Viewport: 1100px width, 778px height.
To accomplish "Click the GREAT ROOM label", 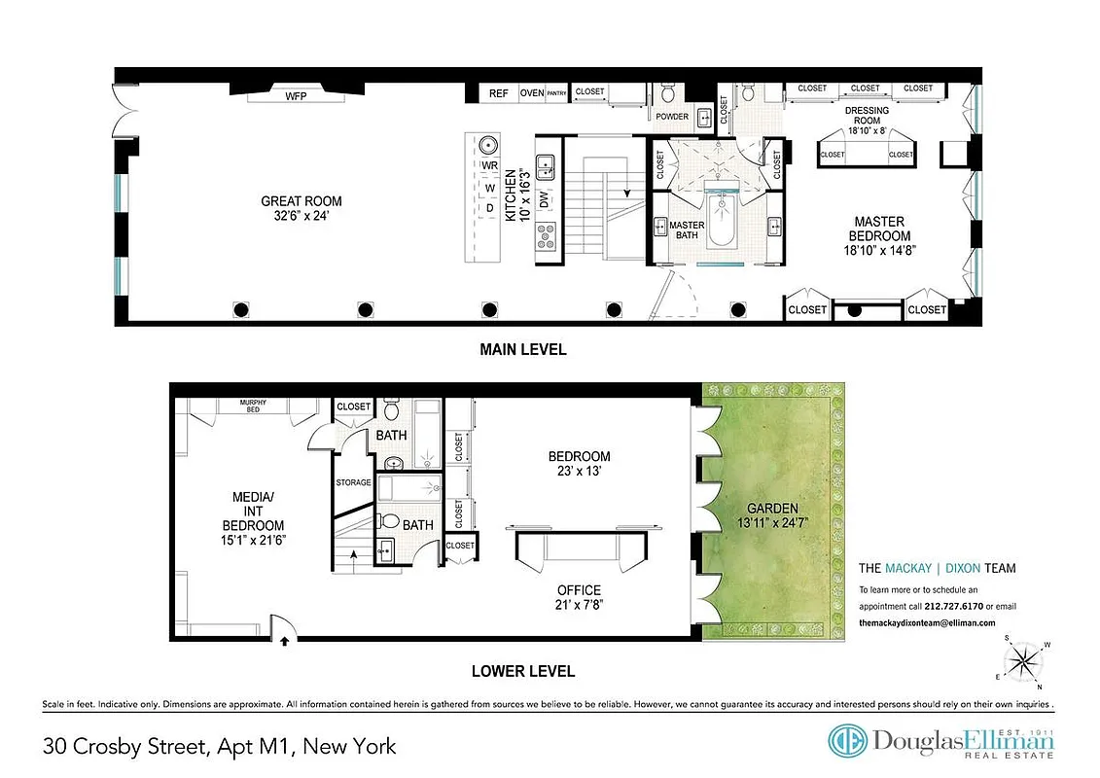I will coord(301,201).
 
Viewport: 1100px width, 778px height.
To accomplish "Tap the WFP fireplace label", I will coord(295,97).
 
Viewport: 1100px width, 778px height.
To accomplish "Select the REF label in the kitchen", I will coord(498,93).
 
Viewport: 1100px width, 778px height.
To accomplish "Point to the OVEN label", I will coord(531,93).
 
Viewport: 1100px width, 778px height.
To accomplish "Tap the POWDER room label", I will coord(672,117).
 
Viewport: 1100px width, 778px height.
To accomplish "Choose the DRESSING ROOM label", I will coord(867,110).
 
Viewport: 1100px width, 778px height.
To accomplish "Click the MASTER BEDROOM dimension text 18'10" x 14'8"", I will coord(881,251).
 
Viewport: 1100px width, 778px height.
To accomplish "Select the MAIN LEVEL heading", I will coord(522,349).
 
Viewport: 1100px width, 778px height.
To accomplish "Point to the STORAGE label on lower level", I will coord(353,482).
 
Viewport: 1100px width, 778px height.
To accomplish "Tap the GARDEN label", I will coord(771,509).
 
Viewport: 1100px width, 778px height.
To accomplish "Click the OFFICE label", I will coord(578,589).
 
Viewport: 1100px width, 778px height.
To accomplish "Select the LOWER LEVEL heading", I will coord(522,671).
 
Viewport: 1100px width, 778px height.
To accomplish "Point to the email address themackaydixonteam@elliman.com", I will coord(927,623).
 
